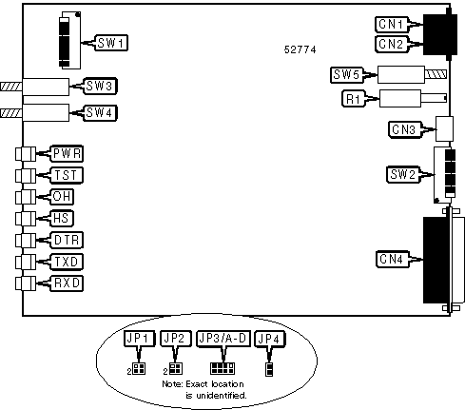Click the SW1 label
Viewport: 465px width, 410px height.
[x=111, y=43]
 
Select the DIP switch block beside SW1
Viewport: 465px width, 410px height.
[x=69, y=40]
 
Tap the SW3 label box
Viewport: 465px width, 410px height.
[x=100, y=86]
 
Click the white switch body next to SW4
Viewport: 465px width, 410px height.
[x=46, y=113]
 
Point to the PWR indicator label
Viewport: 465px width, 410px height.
[x=67, y=154]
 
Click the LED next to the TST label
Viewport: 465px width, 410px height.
[x=26, y=175]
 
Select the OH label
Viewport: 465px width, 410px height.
[x=62, y=197]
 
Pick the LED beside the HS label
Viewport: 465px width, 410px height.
[x=26, y=219]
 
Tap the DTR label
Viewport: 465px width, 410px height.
[x=67, y=240]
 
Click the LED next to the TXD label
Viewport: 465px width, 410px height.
[x=26, y=262]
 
